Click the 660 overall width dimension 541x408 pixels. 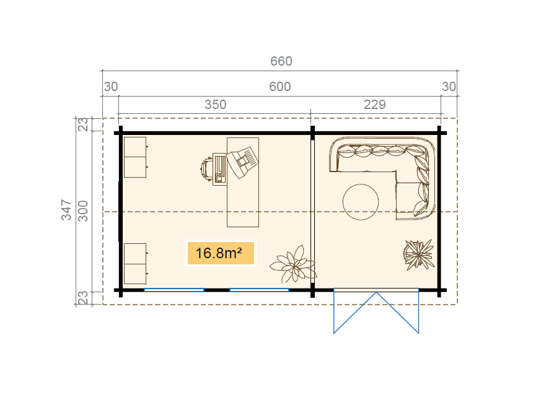click(x=281, y=61)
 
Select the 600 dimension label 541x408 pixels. click(x=280, y=87)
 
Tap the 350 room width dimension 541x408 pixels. click(x=215, y=105)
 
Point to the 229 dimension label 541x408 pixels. click(x=375, y=105)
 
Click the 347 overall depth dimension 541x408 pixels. click(x=66, y=209)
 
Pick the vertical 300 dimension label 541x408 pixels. click(x=83, y=211)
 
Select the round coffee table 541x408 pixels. click(x=361, y=202)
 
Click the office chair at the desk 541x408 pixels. click(x=206, y=169)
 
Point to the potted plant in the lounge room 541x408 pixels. click(x=418, y=254)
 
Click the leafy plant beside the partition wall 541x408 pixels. click(x=293, y=264)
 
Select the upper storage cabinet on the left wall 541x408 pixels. click(x=135, y=157)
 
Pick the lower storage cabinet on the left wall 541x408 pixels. click(x=135, y=264)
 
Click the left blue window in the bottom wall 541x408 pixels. click(x=174, y=290)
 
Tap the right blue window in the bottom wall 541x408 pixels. click(x=259, y=290)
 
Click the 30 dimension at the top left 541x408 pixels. click(x=111, y=87)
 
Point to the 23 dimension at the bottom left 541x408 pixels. click(x=83, y=298)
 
